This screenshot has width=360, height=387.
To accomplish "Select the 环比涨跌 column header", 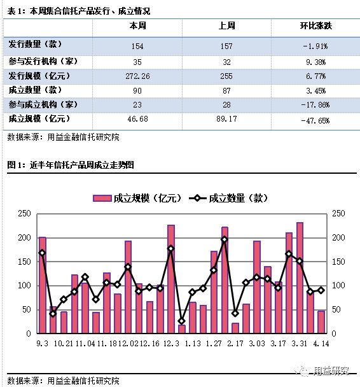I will point(316,26).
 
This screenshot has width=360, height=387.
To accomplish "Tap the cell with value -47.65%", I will point(316,120).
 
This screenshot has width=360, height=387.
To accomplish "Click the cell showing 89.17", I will point(227,119).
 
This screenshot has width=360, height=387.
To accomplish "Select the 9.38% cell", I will point(316,61).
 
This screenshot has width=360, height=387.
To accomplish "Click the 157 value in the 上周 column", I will point(227,46).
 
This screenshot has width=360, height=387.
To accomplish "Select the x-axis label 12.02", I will point(127,344).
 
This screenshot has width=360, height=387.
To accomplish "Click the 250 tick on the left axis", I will point(25,213).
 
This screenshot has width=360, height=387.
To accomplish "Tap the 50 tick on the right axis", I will point(338,309).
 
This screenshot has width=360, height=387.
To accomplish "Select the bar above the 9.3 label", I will point(43,285).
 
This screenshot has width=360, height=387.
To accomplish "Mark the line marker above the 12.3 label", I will point(170,248).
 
